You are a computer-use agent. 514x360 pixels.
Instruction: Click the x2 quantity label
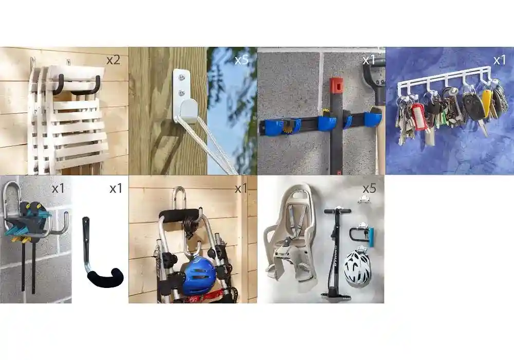(114, 60)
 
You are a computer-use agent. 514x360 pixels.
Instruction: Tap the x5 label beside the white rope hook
(242, 60)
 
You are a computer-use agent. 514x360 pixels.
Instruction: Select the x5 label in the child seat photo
(369, 189)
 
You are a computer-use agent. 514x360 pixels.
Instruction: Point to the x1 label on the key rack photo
(500, 60)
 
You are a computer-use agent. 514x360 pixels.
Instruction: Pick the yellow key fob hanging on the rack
(487, 102)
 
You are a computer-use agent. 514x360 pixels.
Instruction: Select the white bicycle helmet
(357, 267)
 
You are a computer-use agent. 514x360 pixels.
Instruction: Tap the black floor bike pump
(337, 254)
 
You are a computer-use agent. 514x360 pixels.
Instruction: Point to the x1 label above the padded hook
(116, 189)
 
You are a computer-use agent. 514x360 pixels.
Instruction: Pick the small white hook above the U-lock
(363, 199)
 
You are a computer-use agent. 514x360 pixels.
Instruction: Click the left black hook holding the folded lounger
(58, 84)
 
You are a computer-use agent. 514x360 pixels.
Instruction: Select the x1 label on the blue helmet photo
(241, 189)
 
